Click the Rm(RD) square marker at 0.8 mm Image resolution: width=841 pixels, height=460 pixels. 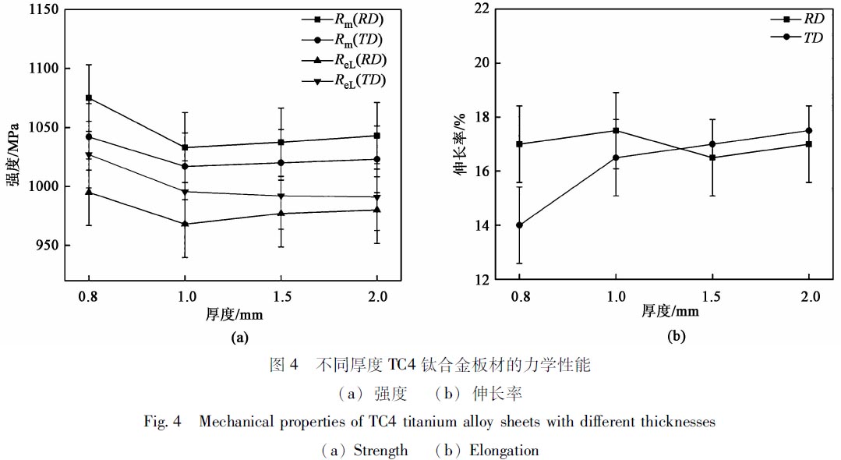89,97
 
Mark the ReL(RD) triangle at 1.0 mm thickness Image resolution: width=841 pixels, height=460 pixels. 185,224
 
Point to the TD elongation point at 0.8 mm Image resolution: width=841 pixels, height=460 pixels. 519,225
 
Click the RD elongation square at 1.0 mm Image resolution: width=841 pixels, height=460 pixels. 616,130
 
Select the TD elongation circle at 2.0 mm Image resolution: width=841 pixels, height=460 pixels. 809,130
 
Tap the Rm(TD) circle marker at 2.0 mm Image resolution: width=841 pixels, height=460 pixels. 377,159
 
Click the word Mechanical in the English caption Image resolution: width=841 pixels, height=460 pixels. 235,422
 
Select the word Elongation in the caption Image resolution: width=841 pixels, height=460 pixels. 504,451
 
